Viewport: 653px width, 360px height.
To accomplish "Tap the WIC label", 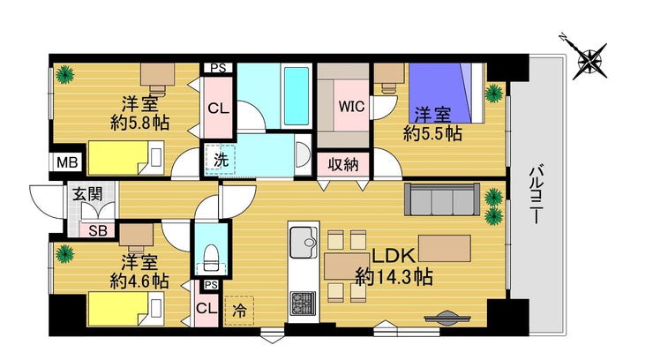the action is [x=351, y=106].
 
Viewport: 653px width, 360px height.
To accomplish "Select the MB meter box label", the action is [x=67, y=162].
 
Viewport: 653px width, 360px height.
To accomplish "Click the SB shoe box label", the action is [x=98, y=230].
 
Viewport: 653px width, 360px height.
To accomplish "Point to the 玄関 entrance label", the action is [x=87, y=194].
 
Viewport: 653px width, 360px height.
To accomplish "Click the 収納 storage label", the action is [x=343, y=164].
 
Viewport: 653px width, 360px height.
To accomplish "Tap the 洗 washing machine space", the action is [x=221, y=160].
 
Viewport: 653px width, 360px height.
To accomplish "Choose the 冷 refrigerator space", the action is [x=239, y=311].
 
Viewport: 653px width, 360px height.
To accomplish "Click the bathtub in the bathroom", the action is [x=296, y=96].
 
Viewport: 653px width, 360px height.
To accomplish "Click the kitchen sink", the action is [x=304, y=243].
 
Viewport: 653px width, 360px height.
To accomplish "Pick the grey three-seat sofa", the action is [x=442, y=199].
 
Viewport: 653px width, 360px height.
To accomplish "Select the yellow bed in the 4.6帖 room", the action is [x=126, y=309].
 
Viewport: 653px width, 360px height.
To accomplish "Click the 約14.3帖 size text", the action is [x=394, y=277].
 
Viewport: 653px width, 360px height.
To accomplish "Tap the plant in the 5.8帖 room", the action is [x=64, y=75].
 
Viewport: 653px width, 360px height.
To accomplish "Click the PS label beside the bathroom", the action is [x=218, y=68].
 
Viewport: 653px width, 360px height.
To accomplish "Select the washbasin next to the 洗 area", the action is [x=303, y=154].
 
